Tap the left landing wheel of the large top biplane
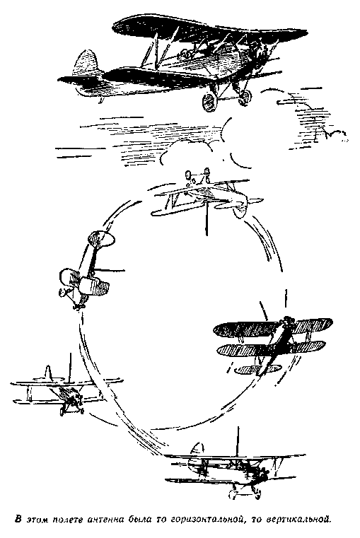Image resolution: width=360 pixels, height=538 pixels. coord(209,100)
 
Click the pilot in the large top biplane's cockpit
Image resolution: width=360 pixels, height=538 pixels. coord(187,54)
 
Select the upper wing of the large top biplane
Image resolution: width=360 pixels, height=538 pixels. coord(209,28)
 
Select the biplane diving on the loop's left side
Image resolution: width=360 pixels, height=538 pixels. coord(86,271)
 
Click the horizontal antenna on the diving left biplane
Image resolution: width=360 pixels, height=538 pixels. coord(109,270)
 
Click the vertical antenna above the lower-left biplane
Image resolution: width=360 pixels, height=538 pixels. coord(70,367)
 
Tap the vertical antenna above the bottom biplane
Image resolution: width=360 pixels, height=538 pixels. coord(237,442)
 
